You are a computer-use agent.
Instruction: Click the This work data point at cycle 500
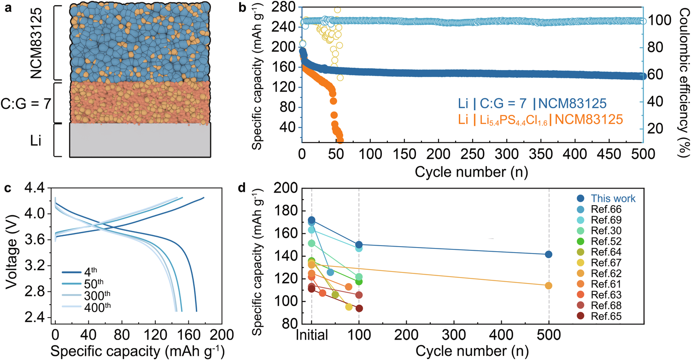pyautogui.click(x=549, y=254)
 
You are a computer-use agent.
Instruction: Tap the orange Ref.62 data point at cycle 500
pyautogui.click(x=549, y=285)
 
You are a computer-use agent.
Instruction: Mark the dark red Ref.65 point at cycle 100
pyautogui.click(x=359, y=308)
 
